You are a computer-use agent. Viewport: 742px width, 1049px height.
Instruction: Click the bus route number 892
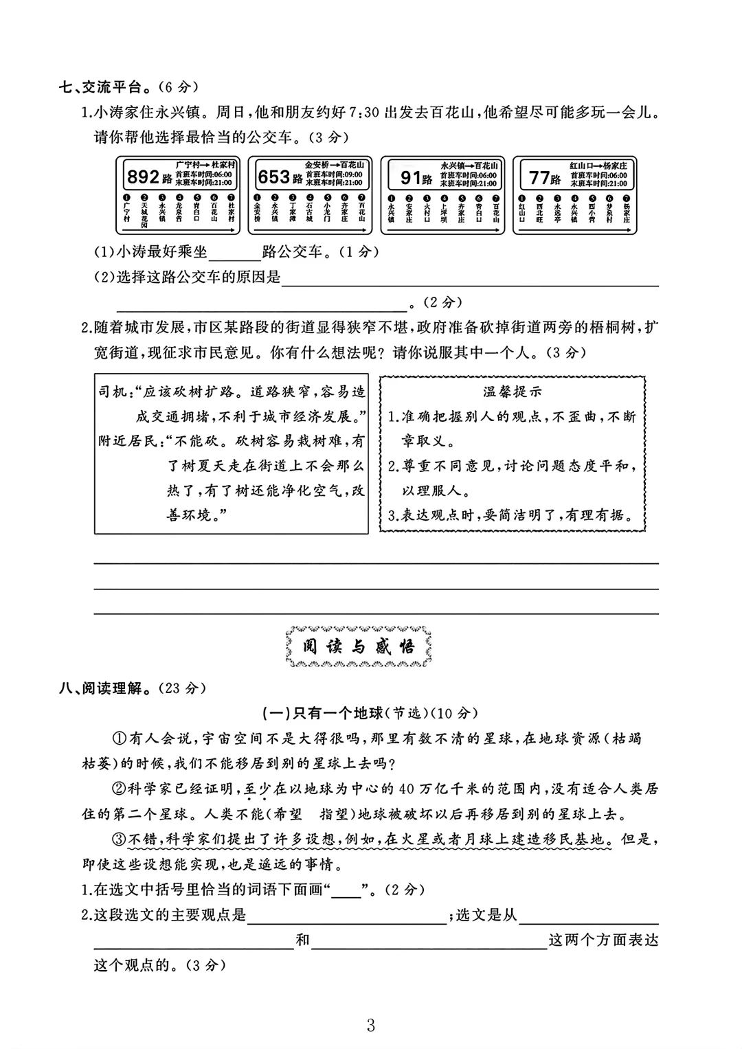click(x=142, y=177)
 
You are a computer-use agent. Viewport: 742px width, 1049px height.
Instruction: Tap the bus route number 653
click(x=273, y=177)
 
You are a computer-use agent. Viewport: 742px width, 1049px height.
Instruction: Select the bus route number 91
click(x=411, y=178)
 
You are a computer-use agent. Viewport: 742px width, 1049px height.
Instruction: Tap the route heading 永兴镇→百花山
click(x=469, y=166)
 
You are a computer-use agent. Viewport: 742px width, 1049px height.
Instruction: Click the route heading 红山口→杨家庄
click(x=598, y=166)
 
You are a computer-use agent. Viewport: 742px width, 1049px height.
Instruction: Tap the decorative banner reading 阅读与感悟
click(x=359, y=646)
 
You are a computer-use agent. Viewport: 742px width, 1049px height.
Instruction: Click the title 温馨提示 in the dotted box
click(x=512, y=392)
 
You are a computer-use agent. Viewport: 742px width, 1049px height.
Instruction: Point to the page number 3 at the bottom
click(x=371, y=1026)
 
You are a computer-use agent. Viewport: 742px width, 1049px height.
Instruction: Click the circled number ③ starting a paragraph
click(x=120, y=839)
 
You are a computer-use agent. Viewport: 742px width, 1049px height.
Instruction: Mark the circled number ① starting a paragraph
click(x=120, y=738)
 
